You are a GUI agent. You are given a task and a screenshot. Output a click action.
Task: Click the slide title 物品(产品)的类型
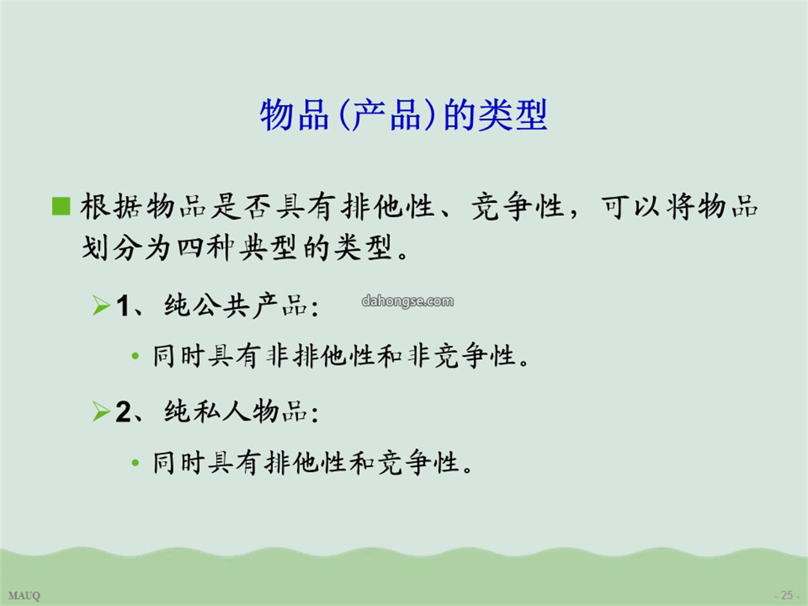(403, 114)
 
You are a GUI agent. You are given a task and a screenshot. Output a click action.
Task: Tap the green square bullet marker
(61, 206)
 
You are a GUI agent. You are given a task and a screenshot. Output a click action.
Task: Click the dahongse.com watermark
(408, 301)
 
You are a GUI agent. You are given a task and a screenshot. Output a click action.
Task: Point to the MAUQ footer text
(24, 596)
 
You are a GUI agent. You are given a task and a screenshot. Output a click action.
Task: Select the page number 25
(786, 595)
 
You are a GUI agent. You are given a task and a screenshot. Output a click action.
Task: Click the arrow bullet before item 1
(101, 305)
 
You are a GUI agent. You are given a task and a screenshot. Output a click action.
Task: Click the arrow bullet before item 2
(101, 411)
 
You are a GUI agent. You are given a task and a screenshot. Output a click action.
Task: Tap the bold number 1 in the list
(123, 305)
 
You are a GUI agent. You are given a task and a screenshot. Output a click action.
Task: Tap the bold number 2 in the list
(123, 411)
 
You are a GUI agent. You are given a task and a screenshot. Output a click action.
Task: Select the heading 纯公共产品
(236, 305)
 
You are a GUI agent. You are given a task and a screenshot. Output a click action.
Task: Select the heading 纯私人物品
(236, 411)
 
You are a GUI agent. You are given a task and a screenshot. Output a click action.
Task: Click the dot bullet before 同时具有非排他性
(135, 356)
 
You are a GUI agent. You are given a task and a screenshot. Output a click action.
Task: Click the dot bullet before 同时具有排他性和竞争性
(135, 463)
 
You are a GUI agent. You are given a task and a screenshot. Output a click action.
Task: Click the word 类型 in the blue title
(512, 114)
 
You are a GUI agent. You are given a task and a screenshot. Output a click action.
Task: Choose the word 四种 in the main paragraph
(206, 248)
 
